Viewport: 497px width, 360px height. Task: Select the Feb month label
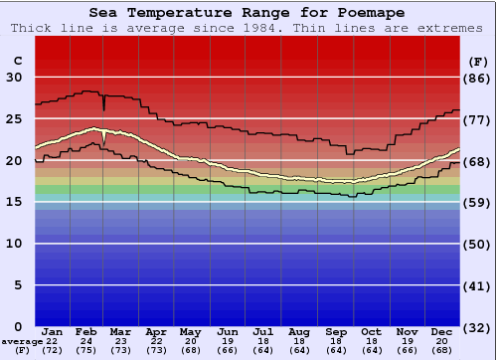87,331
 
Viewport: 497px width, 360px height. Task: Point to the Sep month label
335,331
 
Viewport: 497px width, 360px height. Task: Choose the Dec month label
442,331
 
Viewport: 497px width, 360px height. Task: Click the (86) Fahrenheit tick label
478,79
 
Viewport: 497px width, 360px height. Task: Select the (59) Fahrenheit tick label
478,203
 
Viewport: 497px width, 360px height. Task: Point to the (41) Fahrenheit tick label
478,285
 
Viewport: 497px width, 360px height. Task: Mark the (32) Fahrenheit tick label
478,327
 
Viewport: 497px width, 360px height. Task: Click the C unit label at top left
17,60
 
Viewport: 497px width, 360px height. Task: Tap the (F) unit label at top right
477,60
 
